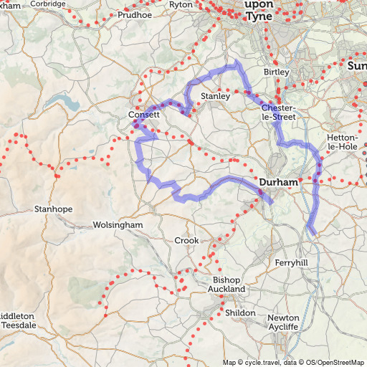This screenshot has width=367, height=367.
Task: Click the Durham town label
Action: (x=278, y=183)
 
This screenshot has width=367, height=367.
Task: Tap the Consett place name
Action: (x=143, y=115)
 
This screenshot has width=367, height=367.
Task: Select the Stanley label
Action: (x=215, y=95)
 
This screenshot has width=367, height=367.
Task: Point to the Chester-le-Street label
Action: (x=269, y=113)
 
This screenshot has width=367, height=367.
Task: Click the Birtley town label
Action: (x=276, y=72)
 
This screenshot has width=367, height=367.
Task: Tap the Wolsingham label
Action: (x=118, y=225)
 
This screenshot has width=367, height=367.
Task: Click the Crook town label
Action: (x=186, y=241)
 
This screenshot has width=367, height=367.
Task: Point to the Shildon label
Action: (x=240, y=313)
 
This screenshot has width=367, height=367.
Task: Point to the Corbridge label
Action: (x=49, y=4)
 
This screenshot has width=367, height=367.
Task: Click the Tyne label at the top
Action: (x=259, y=16)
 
